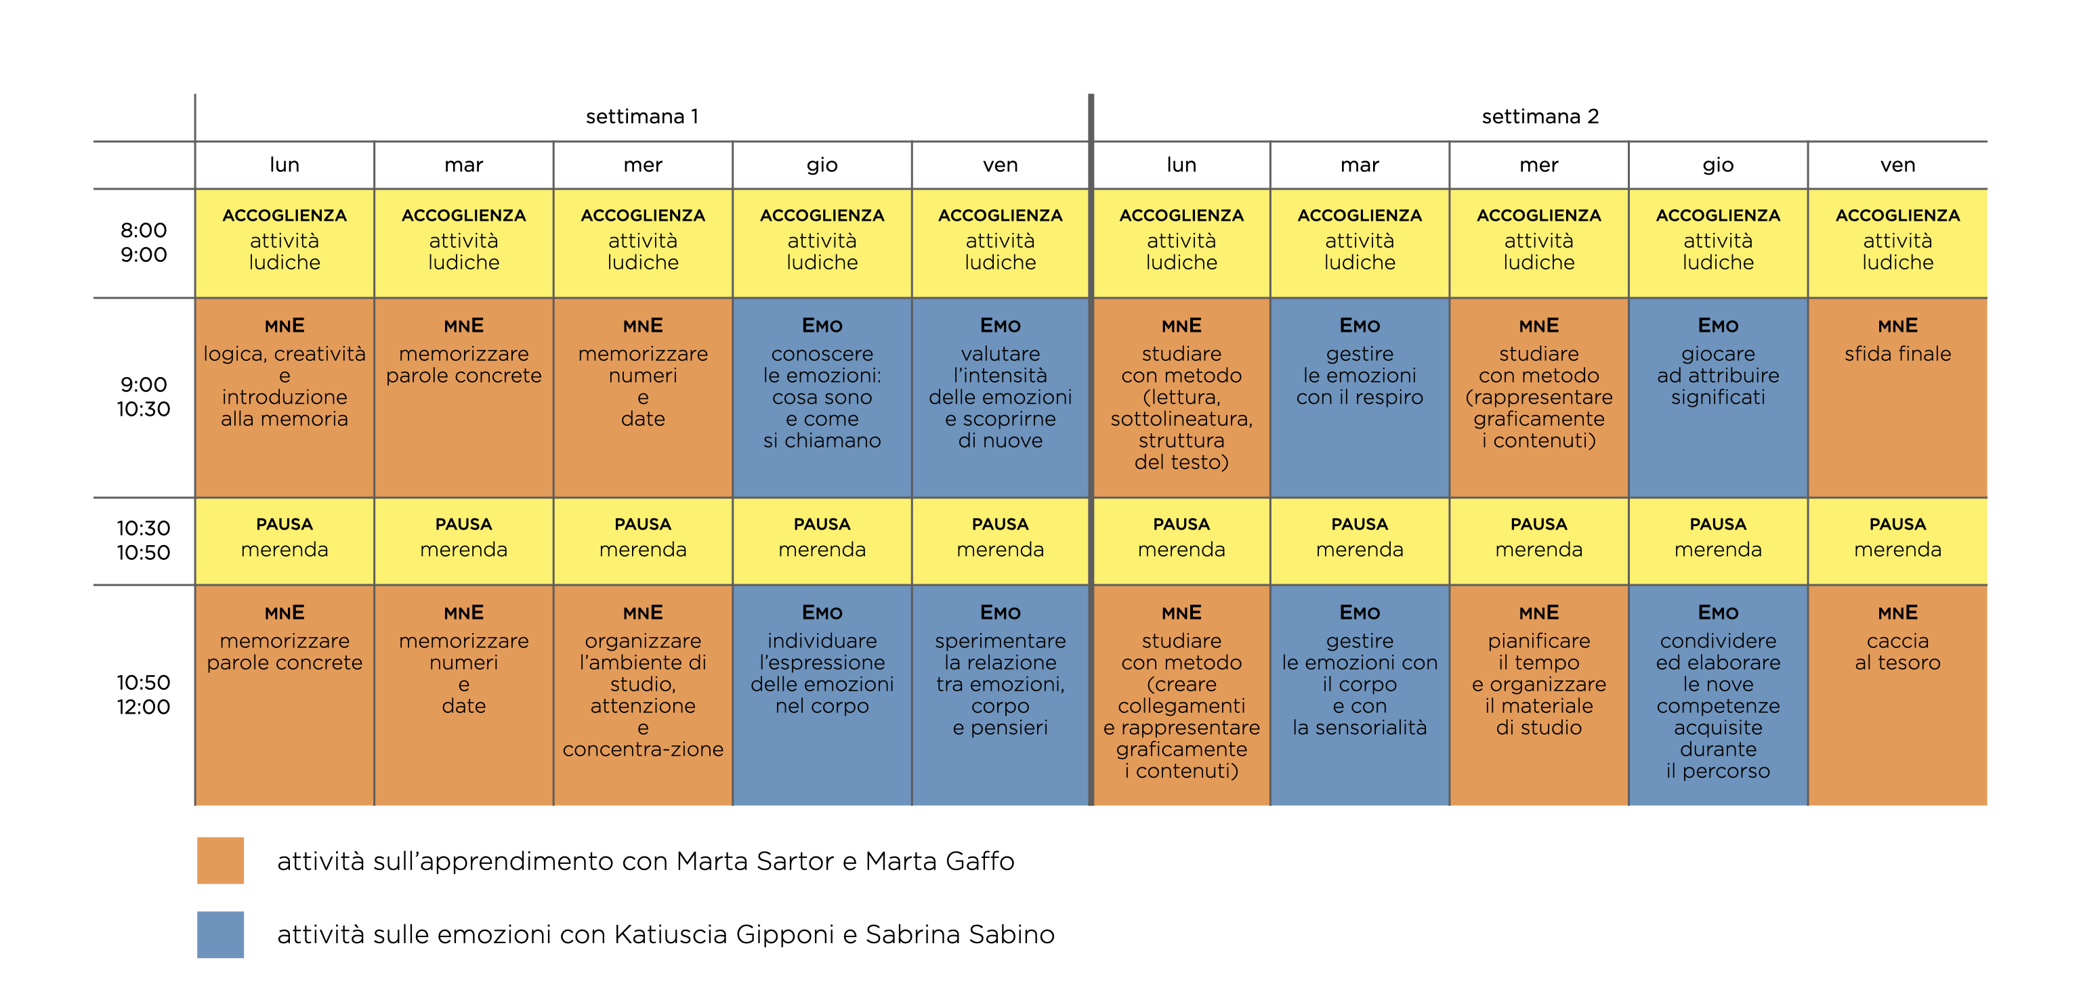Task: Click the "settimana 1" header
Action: click(642, 116)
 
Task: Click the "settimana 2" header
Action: click(1540, 116)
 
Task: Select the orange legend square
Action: click(221, 861)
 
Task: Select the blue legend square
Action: click(221, 934)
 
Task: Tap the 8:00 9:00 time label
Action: click(144, 242)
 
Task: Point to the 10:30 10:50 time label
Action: click(144, 540)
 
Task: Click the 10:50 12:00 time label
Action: click(144, 695)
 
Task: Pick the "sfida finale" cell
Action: click(1897, 397)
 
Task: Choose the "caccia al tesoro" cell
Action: click(1897, 695)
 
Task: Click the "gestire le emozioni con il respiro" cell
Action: click(1360, 397)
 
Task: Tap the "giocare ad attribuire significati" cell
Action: click(1719, 397)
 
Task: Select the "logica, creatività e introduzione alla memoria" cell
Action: click(285, 397)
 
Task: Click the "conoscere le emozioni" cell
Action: click(822, 397)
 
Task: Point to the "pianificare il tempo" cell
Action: click(1539, 695)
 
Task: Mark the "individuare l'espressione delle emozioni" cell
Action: click(822, 695)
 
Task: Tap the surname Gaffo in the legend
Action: click(979, 861)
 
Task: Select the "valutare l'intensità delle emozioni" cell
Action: click(1000, 397)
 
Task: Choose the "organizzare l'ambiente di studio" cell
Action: click(643, 695)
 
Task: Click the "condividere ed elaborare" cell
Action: click(1719, 695)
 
